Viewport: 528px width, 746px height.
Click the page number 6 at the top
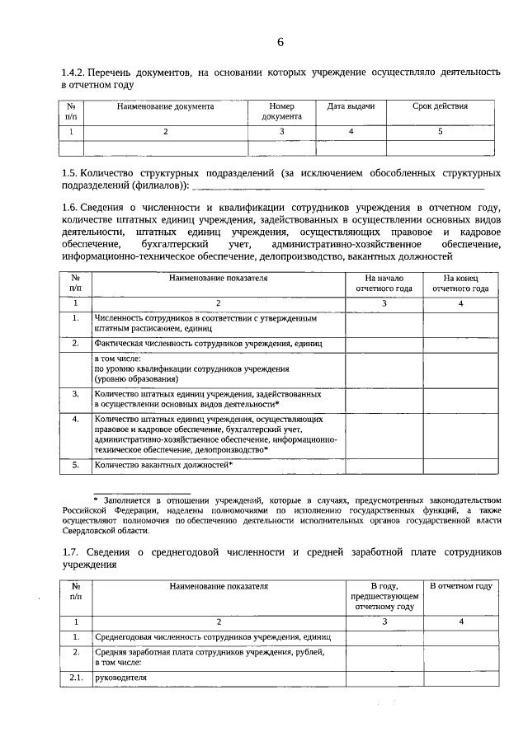pyautogui.click(x=280, y=42)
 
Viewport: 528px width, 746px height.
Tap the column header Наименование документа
pyautogui.click(x=165, y=106)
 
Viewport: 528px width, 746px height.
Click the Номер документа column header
pyautogui.click(x=281, y=111)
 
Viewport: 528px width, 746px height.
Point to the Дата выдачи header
pyautogui.click(x=351, y=106)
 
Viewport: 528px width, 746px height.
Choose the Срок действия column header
pyautogui.click(x=440, y=106)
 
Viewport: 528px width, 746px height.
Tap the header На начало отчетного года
pyautogui.click(x=384, y=284)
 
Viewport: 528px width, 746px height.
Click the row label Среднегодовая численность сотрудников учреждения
pyautogui.click(x=212, y=637)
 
